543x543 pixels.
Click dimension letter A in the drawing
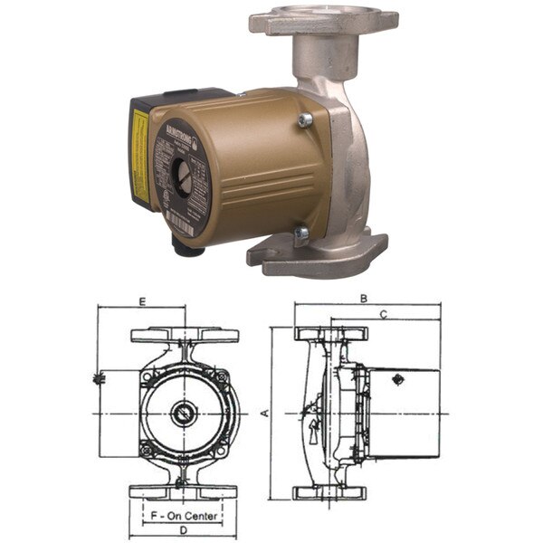coord(264,413)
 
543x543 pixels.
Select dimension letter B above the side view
coord(363,298)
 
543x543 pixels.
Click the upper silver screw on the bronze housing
coord(304,118)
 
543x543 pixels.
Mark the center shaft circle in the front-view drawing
coord(183,414)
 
